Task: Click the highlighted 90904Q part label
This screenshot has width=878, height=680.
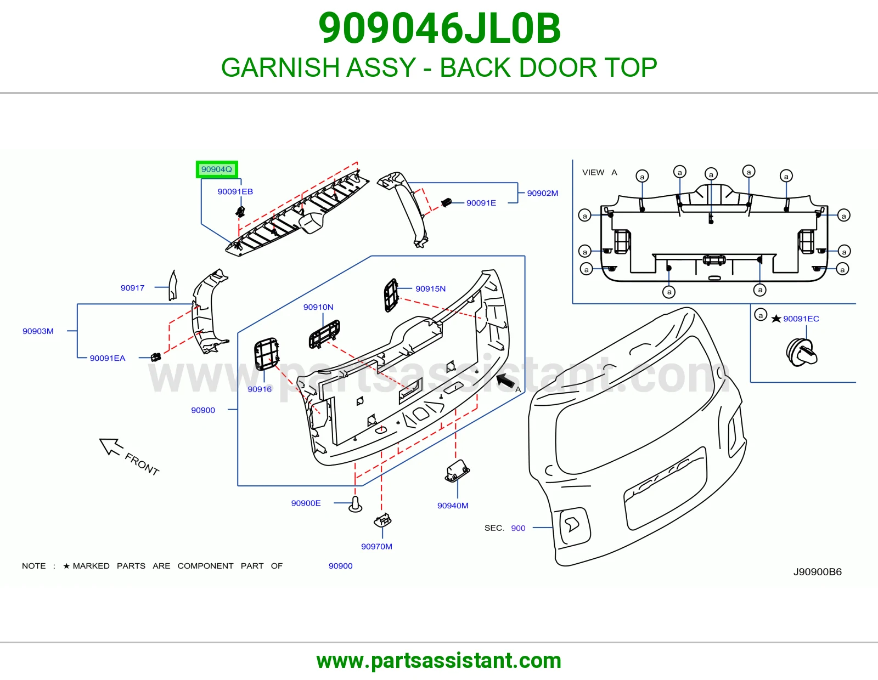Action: [x=217, y=169]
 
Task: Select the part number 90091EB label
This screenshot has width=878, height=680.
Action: [x=235, y=191]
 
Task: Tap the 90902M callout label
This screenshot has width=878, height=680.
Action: [x=542, y=193]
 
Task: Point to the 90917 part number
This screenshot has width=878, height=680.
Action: [x=132, y=288]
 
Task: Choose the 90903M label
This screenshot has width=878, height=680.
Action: [x=38, y=331]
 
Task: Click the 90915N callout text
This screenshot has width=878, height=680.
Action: [x=430, y=288]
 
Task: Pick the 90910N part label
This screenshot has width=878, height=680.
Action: [x=318, y=307]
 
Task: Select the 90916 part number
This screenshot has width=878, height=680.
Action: [x=260, y=389]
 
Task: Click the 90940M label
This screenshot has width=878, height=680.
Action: [x=453, y=506]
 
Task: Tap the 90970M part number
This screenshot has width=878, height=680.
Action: [x=376, y=546]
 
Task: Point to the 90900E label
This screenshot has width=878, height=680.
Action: [x=306, y=503]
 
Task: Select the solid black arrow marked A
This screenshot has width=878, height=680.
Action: [x=505, y=381]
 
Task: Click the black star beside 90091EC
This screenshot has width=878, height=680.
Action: [x=776, y=319]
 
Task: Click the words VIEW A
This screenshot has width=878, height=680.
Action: [x=599, y=172]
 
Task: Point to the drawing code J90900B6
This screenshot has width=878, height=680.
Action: [x=818, y=572]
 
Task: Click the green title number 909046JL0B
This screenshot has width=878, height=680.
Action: [x=439, y=28]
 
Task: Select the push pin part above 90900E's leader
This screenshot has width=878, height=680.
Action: [x=355, y=505]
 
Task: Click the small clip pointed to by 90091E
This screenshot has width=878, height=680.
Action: [x=446, y=202]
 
